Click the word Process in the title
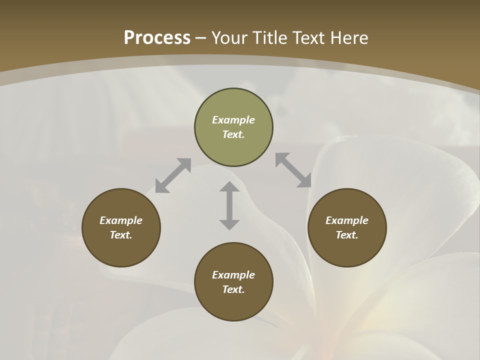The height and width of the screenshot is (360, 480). pyautogui.click(x=157, y=38)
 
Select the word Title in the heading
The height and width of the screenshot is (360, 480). pyautogui.click(x=271, y=38)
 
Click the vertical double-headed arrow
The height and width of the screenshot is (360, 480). pyautogui.click(x=229, y=205)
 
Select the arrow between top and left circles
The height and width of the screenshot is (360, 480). pyautogui.click(x=173, y=175)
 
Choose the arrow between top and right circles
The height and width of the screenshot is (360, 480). pyautogui.click(x=293, y=170)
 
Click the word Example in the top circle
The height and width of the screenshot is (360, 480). pyautogui.click(x=233, y=120)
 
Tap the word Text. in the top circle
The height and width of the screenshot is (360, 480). pyautogui.click(x=233, y=135)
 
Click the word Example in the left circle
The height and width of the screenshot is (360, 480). pyautogui.click(x=121, y=220)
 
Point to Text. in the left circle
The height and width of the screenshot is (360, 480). pyautogui.click(x=121, y=235)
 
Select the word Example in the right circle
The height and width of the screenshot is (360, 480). pyautogui.click(x=347, y=220)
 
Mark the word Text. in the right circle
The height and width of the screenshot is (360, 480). pyautogui.click(x=347, y=235)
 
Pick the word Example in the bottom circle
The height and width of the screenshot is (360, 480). pyautogui.click(x=233, y=275)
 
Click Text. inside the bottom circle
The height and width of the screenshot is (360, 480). pyautogui.click(x=233, y=289)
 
